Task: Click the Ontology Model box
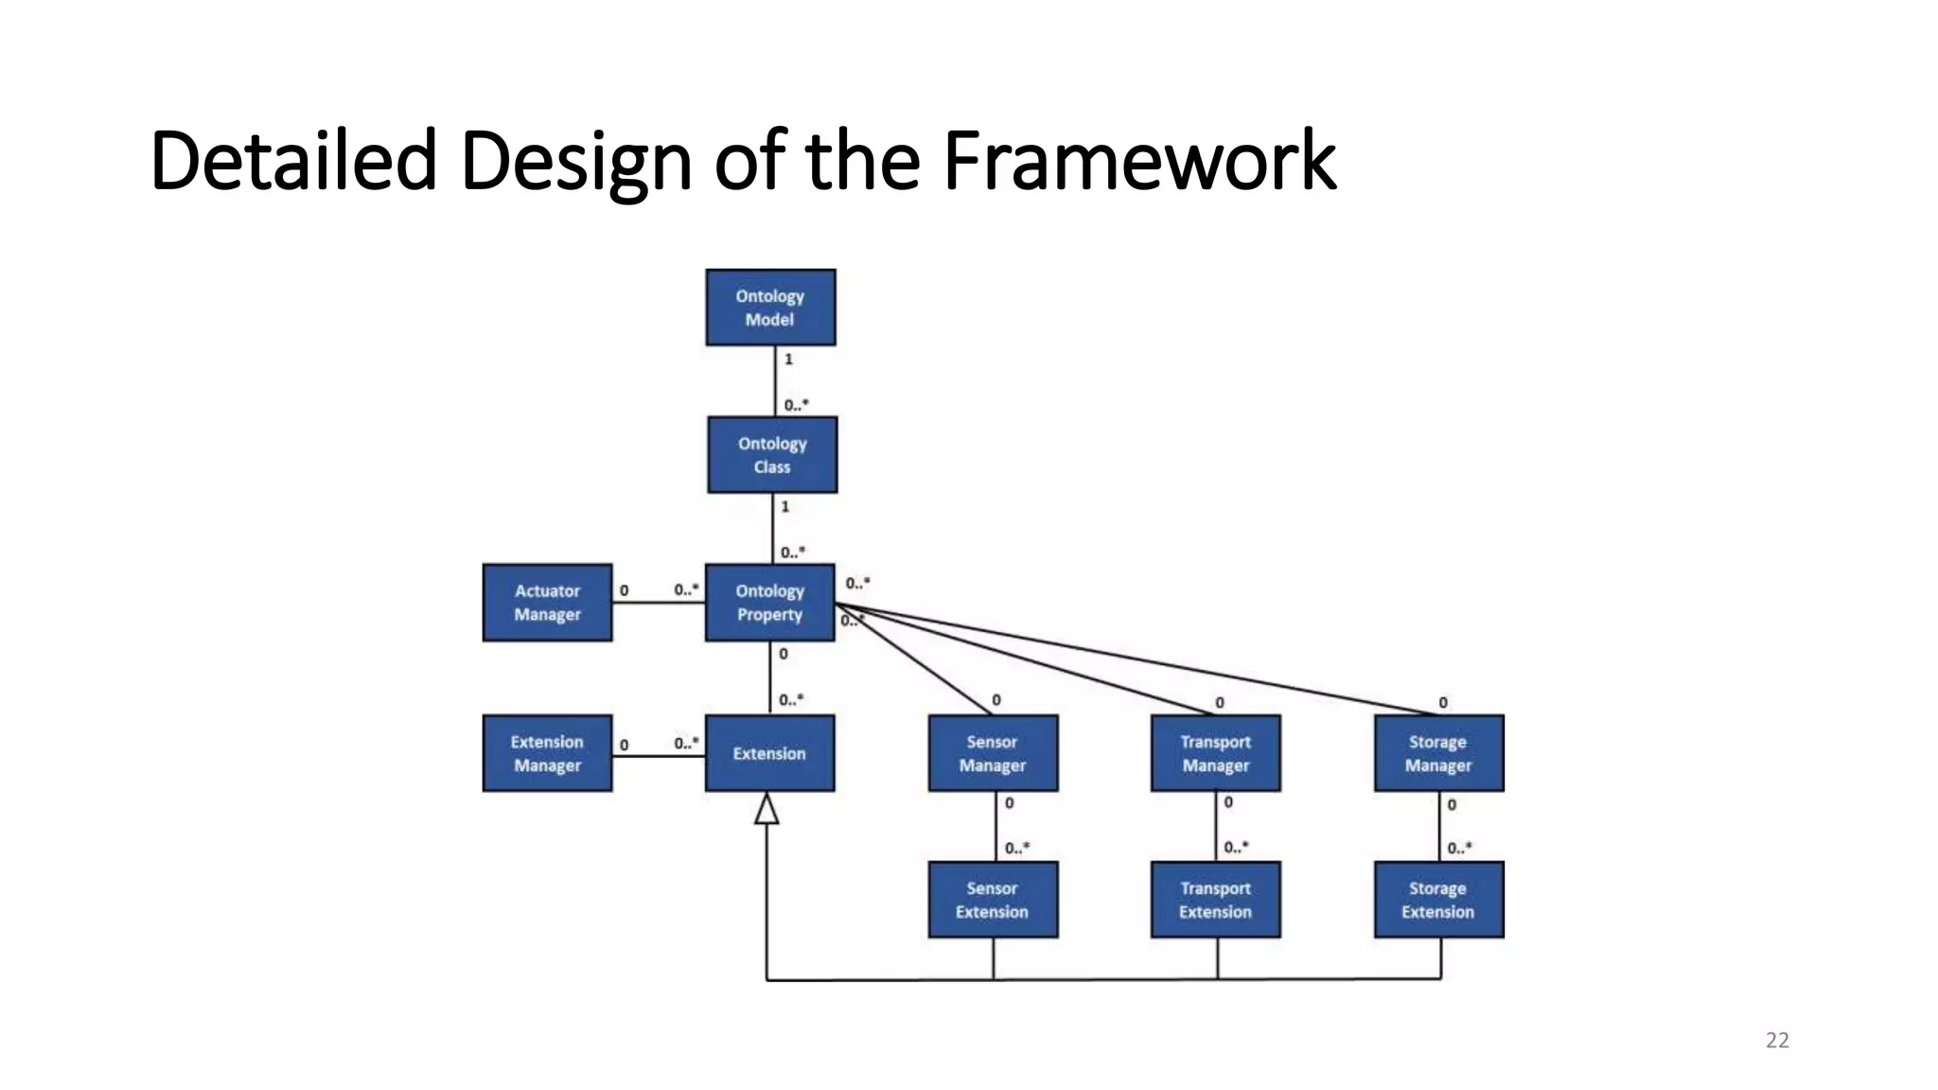pos(770,308)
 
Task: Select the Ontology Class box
pos(772,455)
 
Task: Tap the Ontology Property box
pos(769,603)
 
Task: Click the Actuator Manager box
pos(547,603)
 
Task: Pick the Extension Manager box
pos(547,753)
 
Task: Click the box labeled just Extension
pos(769,753)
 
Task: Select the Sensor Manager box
pos(993,753)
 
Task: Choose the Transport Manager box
pos(1215,753)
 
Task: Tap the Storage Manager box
pos(1438,753)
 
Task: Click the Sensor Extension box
pos(993,900)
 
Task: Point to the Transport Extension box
pos(1215,900)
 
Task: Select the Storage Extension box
pos(1438,900)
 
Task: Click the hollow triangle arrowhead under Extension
pos(766,809)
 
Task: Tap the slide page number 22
pos(1777,1041)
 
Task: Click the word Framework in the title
pos(1139,161)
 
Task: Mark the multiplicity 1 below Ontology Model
pos(788,360)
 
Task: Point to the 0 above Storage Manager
pos(1443,703)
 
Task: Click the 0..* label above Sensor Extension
pos(1017,849)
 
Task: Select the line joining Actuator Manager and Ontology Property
pos(659,604)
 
